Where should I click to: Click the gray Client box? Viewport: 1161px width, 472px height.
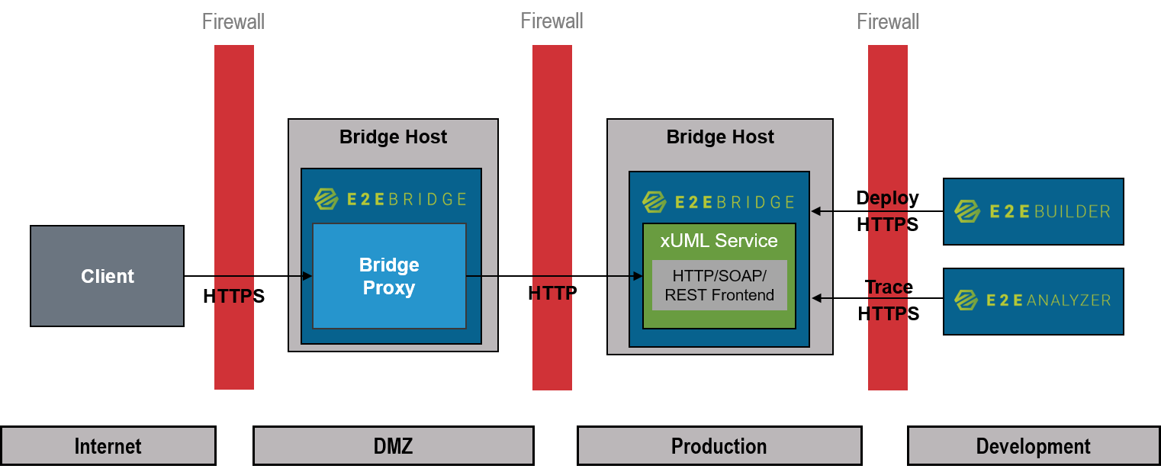pyautogui.click(x=107, y=276)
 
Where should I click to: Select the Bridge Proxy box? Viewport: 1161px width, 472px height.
pyautogui.click(x=389, y=276)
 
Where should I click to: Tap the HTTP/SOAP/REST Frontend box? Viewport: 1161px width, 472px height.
pyautogui.click(x=719, y=285)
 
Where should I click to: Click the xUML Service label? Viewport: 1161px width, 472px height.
pyautogui.click(x=719, y=241)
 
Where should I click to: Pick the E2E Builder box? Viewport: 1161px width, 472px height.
pyautogui.click(x=1033, y=212)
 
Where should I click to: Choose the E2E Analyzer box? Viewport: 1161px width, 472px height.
pyautogui.click(x=1033, y=301)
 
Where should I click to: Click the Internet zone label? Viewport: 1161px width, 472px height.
pyautogui.click(x=108, y=446)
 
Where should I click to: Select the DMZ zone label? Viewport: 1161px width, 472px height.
pyautogui.click(x=393, y=446)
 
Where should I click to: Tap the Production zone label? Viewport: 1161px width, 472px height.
pyautogui.click(x=719, y=446)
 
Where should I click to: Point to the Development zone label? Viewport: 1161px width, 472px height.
pyautogui.click(x=1033, y=446)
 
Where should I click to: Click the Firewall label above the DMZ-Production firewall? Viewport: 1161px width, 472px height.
pyautogui.click(x=552, y=21)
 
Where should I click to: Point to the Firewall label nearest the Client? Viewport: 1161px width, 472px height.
pyautogui.click(x=233, y=21)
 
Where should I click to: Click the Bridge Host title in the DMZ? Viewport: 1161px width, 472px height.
pyautogui.click(x=393, y=137)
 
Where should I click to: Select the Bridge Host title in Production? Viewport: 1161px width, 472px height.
pyautogui.click(x=719, y=137)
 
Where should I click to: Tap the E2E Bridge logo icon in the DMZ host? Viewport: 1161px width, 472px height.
pyautogui.click(x=326, y=199)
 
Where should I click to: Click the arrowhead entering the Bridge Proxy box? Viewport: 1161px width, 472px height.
pyautogui.click(x=307, y=276)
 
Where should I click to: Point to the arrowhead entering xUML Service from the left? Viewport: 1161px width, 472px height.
pyautogui.click(x=638, y=276)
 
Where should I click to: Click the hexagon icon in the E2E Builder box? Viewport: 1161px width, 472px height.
pyautogui.click(x=967, y=211)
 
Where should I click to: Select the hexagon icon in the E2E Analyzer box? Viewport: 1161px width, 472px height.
pyautogui.click(x=967, y=300)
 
